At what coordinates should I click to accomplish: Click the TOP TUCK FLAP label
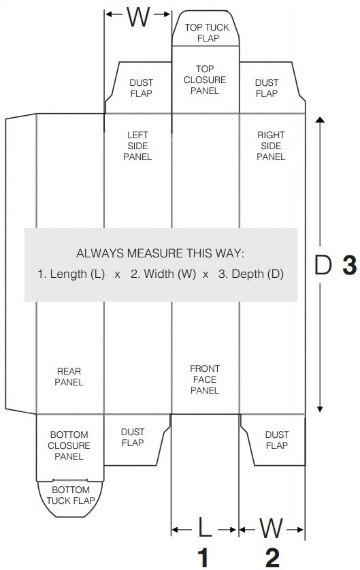207,33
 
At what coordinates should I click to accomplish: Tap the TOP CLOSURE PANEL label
205,80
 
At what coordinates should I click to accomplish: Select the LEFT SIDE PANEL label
137,146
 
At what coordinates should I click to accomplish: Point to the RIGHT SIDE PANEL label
271,146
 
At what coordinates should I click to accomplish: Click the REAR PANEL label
69,377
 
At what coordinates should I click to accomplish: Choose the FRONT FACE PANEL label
205,379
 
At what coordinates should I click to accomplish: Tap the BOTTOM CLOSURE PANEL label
69,445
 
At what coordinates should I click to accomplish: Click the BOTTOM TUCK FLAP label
71,495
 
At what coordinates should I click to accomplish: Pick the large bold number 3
350,265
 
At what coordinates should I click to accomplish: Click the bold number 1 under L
203,557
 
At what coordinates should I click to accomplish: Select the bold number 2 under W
272,557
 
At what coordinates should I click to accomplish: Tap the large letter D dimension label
323,265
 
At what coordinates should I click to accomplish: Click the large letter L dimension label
206,527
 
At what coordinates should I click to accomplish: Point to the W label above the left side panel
138,16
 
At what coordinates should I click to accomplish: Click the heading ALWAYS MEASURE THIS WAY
160,253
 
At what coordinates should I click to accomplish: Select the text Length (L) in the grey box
78,274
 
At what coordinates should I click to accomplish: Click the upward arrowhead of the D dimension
320,121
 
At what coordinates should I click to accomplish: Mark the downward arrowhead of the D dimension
320,409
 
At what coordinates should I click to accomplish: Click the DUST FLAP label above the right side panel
267,88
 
